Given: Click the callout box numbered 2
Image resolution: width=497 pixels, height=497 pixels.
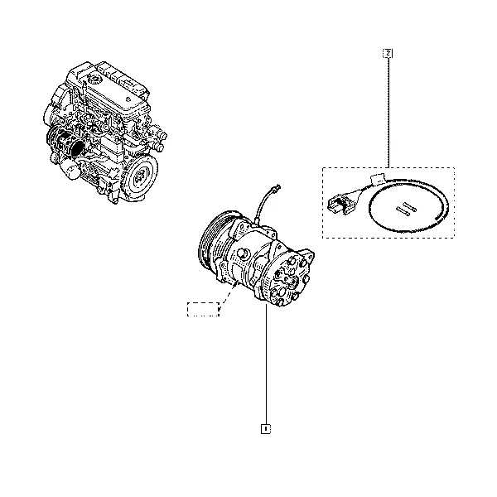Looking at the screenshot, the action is [x=388, y=53].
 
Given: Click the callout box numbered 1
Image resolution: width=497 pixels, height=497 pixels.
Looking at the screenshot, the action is [x=266, y=428].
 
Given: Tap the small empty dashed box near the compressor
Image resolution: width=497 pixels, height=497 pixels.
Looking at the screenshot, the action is [x=203, y=309].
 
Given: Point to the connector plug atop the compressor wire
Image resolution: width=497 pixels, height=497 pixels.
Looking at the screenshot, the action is [x=277, y=188].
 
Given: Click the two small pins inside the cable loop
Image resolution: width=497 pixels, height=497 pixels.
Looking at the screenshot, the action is [x=407, y=209].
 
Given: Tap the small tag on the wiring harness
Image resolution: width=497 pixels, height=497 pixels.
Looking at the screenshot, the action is [x=379, y=178].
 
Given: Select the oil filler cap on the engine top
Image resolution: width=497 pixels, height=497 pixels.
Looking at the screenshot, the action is [x=94, y=77].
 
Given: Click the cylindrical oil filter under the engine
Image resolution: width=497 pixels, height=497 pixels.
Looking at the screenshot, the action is [x=70, y=168].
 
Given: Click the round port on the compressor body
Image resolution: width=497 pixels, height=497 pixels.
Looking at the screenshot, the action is [x=244, y=253].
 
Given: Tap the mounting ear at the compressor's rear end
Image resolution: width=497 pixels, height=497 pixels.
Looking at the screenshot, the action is [x=307, y=254].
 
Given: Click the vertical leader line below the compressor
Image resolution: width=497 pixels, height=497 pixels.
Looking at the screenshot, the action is [x=266, y=363].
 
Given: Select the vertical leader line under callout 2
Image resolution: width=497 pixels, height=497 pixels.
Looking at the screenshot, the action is [x=388, y=113].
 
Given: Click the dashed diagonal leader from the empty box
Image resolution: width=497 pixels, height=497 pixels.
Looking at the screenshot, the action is [x=229, y=293].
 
